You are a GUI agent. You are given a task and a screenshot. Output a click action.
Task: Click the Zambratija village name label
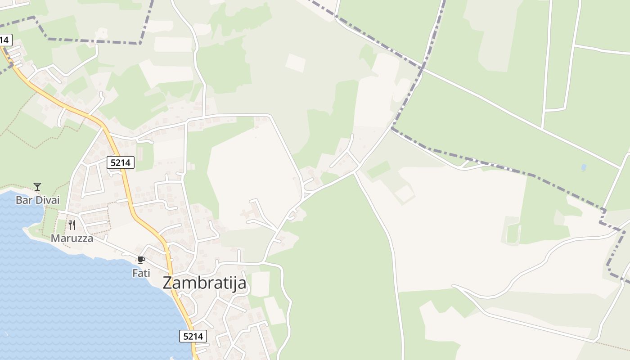(x=204, y=283)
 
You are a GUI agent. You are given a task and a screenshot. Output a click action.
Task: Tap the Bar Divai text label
(x=37, y=200)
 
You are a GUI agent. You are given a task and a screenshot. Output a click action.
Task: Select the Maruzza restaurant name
(x=72, y=238)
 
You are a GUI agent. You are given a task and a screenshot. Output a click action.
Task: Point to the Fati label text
(x=141, y=273)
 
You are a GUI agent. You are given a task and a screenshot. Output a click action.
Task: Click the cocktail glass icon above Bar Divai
(x=37, y=187)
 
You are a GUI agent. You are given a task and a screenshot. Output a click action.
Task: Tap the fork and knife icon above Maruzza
(x=72, y=225)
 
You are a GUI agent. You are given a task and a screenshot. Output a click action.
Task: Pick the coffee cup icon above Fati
(x=141, y=260)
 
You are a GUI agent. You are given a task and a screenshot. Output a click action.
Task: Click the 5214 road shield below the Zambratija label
(x=193, y=336)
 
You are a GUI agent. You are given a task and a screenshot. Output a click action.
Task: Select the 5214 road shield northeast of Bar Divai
(x=121, y=162)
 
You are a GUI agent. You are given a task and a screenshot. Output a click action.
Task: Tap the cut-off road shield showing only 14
(x=4, y=40)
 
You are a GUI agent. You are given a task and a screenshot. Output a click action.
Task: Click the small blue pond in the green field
(x=584, y=167)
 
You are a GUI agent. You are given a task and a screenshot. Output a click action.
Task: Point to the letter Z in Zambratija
(x=168, y=283)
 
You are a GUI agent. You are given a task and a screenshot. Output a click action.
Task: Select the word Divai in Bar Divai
(x=47, y=200)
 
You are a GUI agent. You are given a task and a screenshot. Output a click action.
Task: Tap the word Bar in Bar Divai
(x=23, y=200)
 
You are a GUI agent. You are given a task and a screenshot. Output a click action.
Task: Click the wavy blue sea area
(x=67, y=297)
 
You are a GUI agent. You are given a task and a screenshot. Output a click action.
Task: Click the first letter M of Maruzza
(x=55, y=238)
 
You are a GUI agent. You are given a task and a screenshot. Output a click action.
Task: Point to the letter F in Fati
(x=135, y=273)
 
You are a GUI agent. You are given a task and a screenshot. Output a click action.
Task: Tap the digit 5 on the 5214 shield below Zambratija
(x=185, y=336)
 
